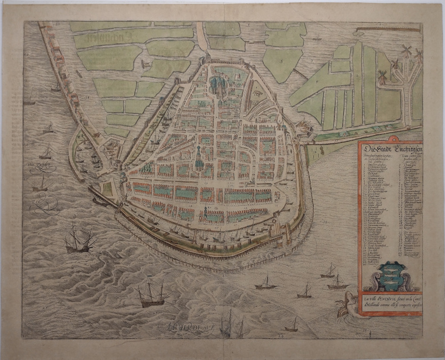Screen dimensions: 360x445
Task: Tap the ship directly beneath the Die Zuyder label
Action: tap(40, 184)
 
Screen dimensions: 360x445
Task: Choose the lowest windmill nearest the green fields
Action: tap(382, 78)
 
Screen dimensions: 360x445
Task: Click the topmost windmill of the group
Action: tap(407, 52)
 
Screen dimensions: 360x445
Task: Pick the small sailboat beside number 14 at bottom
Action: tap(293, 326)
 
